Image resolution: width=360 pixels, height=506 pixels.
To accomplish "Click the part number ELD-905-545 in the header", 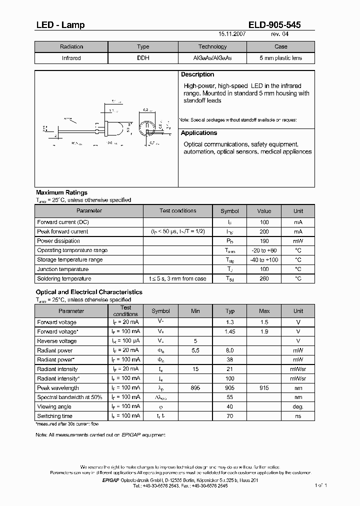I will pos(274,25).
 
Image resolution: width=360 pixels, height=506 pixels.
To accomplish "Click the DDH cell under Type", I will pos(143,58).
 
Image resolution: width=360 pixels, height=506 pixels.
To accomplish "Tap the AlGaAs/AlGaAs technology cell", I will pos(212,58).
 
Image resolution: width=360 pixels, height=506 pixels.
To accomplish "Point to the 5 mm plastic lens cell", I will pos(280,58).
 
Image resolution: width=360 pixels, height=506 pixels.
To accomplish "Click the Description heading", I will pos(197,74).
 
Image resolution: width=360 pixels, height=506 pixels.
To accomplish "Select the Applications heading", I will pos(199,133).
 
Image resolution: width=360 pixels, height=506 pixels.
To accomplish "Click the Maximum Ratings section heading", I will pos(61,192).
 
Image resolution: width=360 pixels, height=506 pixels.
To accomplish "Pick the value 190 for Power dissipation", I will pos(264,241).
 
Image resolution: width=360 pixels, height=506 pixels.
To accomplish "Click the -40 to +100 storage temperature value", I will pos(264,260).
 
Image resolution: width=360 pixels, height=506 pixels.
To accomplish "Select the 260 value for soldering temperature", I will pos(264,279).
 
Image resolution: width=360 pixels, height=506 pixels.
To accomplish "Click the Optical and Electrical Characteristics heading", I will pos(89,292).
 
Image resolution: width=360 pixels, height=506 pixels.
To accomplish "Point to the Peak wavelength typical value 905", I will pos(230,388).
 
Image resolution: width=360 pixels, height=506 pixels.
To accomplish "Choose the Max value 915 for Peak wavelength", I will pos(264,388).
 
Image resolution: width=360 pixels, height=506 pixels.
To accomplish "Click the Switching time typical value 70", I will pos(230,416).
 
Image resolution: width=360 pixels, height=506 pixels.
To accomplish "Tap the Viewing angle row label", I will pos(54,407).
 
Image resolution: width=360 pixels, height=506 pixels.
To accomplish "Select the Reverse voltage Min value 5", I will pos(195,341).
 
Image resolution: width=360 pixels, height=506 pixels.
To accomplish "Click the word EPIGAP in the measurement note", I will pos(133,435).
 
